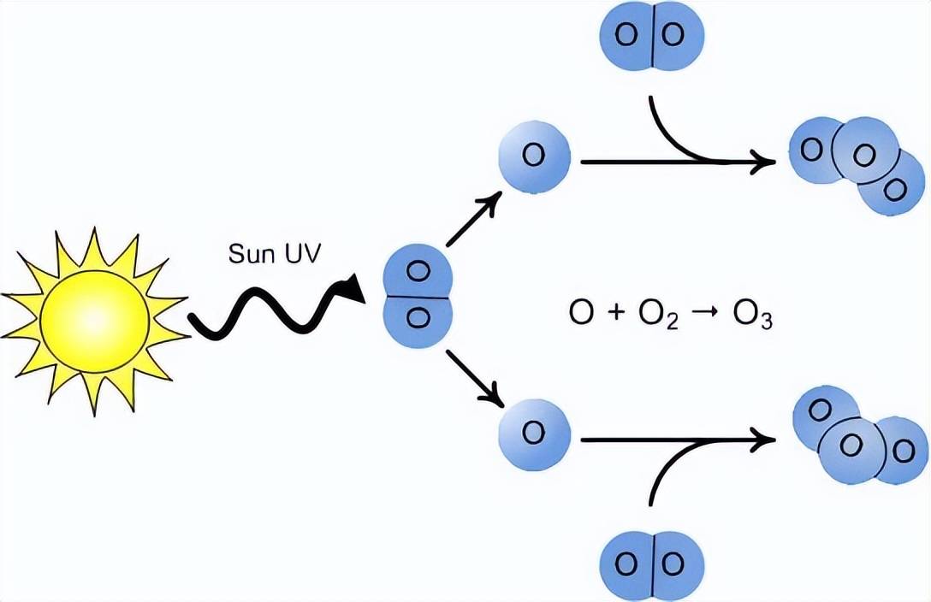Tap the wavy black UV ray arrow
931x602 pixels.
tap(274, 308)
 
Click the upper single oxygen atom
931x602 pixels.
tap(533, 156)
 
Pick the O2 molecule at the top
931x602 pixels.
tap(654, 36)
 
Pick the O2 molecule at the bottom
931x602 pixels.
tap(654, 564)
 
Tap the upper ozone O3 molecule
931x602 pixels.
tap(859, 163)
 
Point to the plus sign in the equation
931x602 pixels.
tap(615, 314)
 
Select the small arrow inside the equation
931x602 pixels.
tap(709, 314)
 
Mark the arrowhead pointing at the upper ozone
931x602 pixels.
tap(763, 161)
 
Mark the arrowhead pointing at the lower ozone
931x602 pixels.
tap(763, 440)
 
